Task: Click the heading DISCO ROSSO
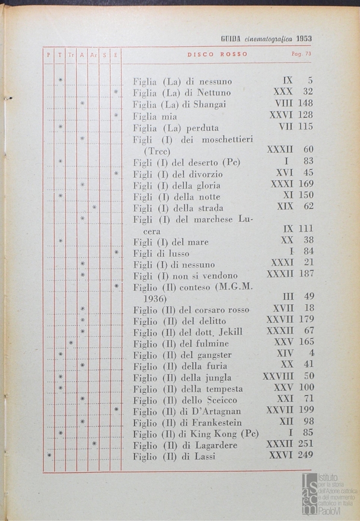(217, 54)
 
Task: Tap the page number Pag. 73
(302, 54)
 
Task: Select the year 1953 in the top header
(304, 39)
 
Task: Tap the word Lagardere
(215, 445)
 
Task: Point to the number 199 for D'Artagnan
(306, 411)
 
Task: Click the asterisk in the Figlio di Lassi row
(49, 455)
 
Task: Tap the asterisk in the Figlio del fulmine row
(71, 343)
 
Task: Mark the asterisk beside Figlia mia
(116, 115)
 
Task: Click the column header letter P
(48, 55)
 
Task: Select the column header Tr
(71, 55)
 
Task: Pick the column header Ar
(94, 55)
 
